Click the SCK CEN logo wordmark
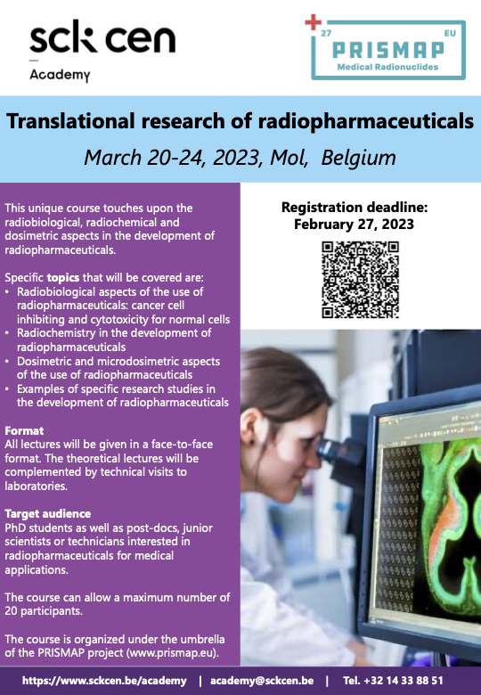(102, 37)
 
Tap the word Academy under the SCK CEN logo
(60, 75)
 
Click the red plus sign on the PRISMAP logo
(314, 22)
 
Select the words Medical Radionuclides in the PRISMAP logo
(387, 68)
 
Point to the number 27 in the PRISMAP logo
(326, 34)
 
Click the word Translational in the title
(70, 120)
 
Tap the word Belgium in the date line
(358, 158)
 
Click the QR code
(360, 280)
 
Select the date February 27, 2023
(354, 224)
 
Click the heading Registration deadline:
(355, 208)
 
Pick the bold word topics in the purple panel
(63, 278)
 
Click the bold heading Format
(24, 431)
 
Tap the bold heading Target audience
(48, 514)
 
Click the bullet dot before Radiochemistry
(7, 333)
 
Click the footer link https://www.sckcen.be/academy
(104, 681)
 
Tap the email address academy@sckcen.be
(262, 681)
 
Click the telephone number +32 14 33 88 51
(403, 681)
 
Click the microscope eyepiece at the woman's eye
(329, 450)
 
